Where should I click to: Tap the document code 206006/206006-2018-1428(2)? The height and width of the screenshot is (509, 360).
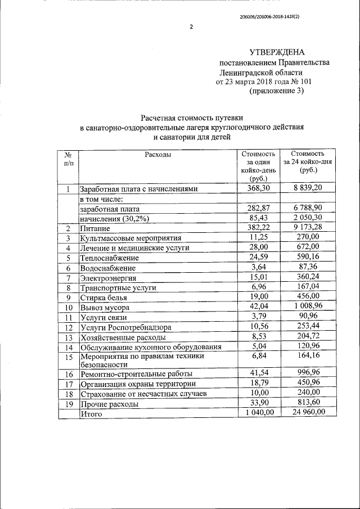point(269,17)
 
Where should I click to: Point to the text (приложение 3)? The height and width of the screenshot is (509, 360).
point(276,92)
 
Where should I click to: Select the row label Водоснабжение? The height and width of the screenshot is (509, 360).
point(108,269)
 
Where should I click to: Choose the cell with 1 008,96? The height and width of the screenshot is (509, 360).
point(309,307)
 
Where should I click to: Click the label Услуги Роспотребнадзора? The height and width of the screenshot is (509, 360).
point(126,327)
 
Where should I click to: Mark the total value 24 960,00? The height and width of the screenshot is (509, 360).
point(309,413)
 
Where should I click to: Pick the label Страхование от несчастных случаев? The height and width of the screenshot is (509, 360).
point(143,393)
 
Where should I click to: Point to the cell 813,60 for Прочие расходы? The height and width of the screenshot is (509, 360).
point(309,403)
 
